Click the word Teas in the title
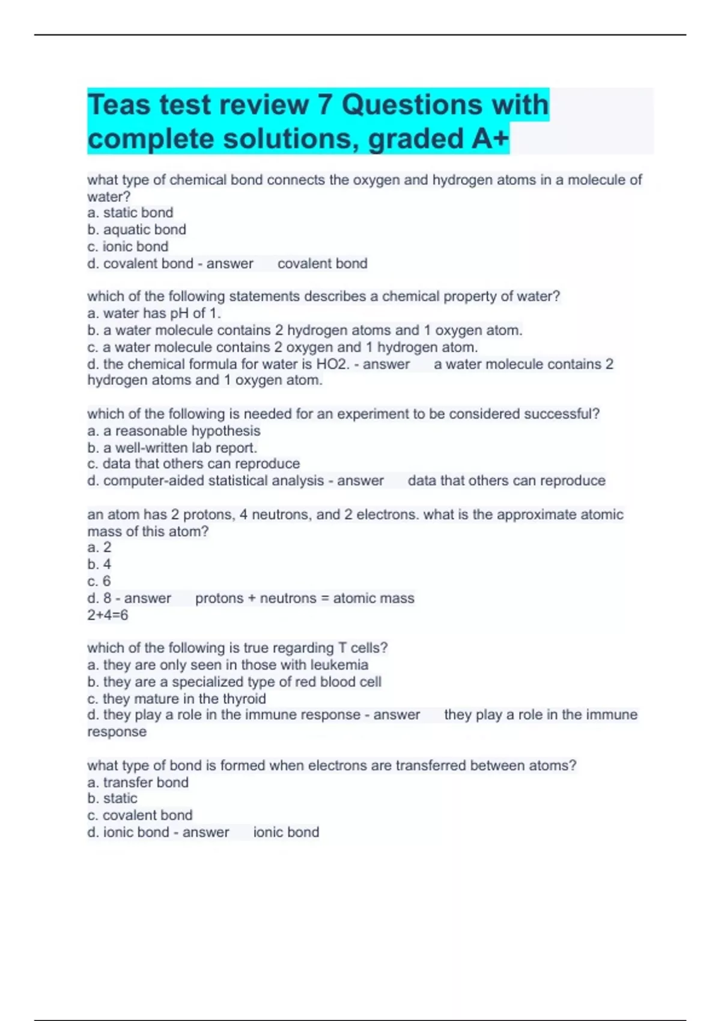[119, 105]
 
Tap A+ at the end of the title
[490, 139]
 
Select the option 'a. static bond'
[130, 213]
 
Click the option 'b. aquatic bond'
[137, 229]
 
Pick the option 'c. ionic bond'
[128, 246]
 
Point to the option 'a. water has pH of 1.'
[154, 313]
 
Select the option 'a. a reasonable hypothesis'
[174, 431]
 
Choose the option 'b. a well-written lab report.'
[172, 447]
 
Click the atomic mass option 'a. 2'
[99, 547]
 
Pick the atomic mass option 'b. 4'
[99, 564]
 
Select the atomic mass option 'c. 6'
[99, 581]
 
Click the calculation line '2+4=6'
[108, 615]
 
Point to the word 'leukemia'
[339, 665]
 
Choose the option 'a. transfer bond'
[138, 782]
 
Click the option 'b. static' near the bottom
[112, 798]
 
